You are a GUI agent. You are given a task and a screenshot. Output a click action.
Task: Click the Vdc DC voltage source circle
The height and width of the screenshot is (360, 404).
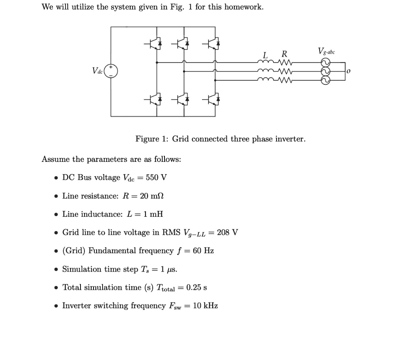point(111,71)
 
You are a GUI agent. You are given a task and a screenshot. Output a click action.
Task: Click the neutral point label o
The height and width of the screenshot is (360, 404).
point(349,71)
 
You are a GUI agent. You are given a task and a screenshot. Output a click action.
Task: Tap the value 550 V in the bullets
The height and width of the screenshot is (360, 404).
point(156,177)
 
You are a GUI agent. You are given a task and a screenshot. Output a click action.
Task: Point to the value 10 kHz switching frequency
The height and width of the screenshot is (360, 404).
point(206,306)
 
